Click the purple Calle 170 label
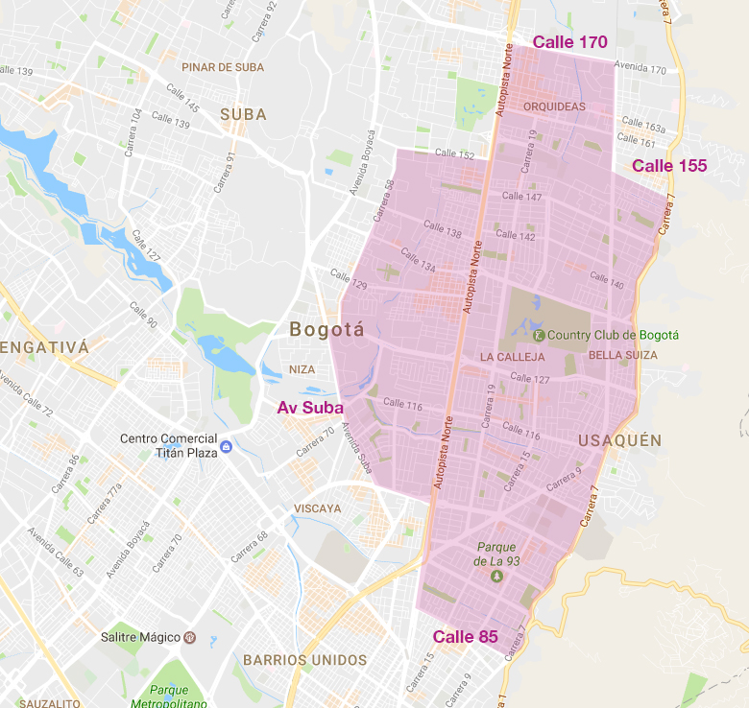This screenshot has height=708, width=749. (570, 42)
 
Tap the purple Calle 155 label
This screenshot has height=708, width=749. (669, 166)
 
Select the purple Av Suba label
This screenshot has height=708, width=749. (310, 408)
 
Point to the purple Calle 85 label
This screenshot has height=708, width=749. (466, 637)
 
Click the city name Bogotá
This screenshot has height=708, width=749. (326, 331)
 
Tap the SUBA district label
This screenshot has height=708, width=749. (243, 114)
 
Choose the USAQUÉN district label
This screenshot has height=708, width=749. (620, 440)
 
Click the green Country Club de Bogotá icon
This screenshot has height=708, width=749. (539, 335)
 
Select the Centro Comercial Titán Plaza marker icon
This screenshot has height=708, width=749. (226, 447)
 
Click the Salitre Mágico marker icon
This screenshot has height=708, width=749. (190, 637)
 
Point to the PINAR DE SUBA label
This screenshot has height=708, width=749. (222, 67)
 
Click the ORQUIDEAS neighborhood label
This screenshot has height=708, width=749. (555, 106)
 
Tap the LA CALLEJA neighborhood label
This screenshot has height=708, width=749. (512, 357)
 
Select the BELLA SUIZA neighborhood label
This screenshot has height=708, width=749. (623, 355)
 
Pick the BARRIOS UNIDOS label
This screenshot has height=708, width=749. (304, 660)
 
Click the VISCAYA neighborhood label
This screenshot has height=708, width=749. (318, 508)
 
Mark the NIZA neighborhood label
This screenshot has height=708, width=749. (302, 369)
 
